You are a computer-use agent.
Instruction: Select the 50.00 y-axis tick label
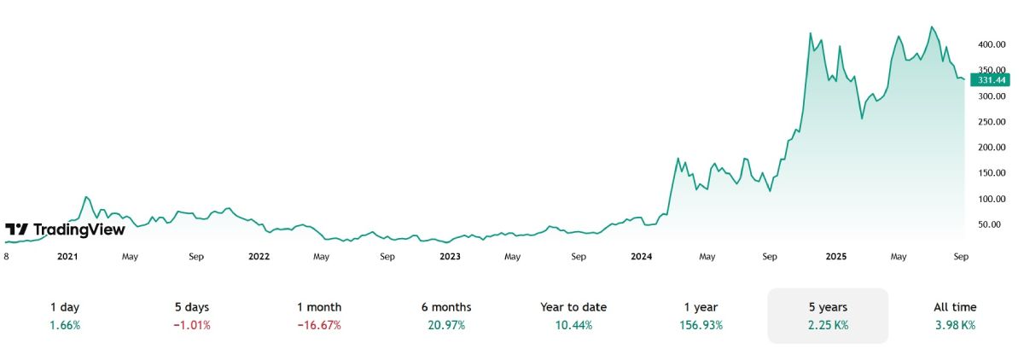click(x=989, y=224)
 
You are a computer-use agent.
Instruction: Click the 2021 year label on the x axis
click(x=67, y=256)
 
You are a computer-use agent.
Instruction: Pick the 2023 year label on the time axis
click(x=450, y=256)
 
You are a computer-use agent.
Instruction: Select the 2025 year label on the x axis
click(x=833, y=256)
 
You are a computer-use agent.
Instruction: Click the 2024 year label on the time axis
click(x=642, y=256)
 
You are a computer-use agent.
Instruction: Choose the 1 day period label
click(x=66, y=307)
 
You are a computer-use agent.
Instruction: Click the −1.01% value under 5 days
click(x=191, y=325)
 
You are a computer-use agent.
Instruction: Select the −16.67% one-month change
click(x=319, y=325)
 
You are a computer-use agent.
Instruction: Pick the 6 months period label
click(x=446, y=307)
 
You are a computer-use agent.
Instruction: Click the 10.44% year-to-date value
click(x=573, y=325)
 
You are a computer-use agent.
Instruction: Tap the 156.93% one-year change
click(x=701, y=325)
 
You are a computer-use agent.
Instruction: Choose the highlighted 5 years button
click(x=828, y=316)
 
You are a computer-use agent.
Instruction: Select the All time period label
click(x=955, y=307)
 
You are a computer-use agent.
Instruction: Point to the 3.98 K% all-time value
click(x=955, y=325)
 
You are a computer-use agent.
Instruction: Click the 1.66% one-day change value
click(x=66, y=325)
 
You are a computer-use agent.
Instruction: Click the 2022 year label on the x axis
click(x=259, y=256)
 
